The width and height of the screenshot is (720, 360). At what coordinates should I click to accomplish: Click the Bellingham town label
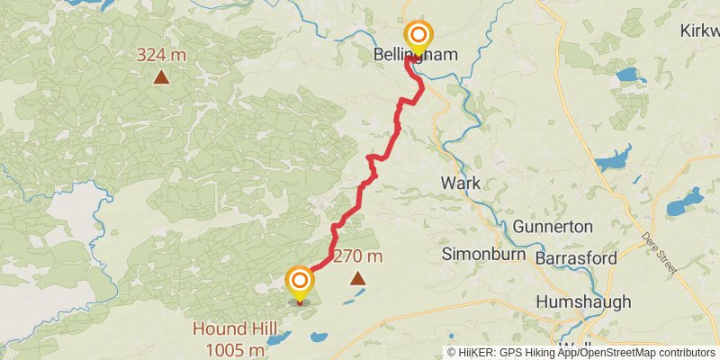415,56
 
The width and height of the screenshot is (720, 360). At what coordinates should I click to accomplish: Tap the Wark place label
460,184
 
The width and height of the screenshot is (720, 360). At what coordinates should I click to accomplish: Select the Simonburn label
476,255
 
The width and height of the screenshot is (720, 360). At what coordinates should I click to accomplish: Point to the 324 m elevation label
161,56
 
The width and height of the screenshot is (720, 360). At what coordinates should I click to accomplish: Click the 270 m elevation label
358,256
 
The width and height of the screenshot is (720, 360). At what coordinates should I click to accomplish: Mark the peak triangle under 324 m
161,77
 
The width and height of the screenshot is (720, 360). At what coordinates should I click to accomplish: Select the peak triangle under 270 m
358,278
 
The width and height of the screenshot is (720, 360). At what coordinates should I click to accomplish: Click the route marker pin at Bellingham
418,37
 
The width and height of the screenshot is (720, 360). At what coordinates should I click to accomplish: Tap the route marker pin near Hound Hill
300,283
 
